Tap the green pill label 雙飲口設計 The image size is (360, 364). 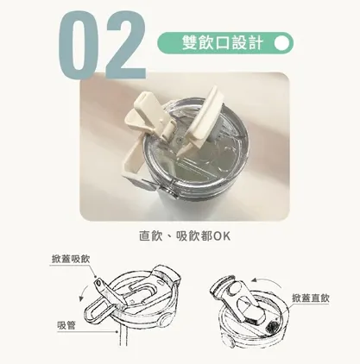pyautogui.click(x=216, y=42)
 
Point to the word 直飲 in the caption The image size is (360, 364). pyautogui.click(x=150, y=235)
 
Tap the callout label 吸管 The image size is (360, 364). pyautogui.click(x=66, y=324)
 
